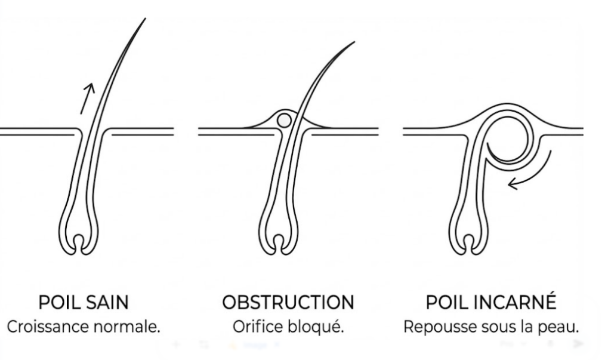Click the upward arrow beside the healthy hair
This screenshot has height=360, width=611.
pos(88,96)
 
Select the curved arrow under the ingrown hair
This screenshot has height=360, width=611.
pos(526,177)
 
